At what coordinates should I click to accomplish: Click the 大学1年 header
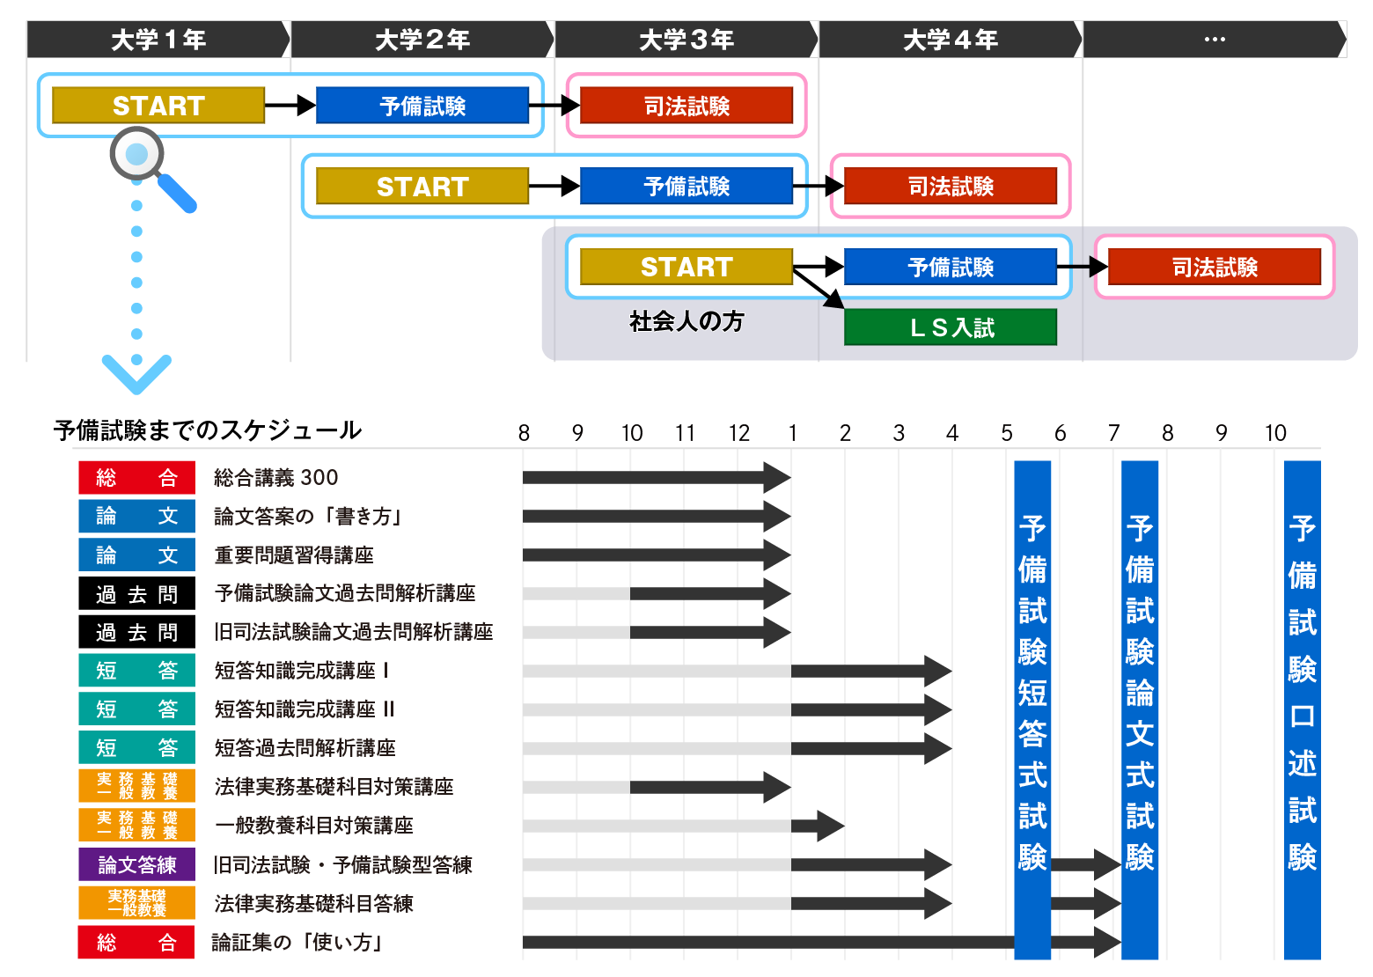[158, 40]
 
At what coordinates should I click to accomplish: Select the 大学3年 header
[686, 40]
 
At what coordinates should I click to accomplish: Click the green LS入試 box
[951, 327]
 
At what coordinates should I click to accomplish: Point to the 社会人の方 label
[686, 321]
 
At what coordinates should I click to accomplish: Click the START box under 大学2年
[422, 187]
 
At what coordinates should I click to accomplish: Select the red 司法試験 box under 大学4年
[951, 187]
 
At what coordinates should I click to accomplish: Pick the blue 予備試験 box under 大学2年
[422, 106]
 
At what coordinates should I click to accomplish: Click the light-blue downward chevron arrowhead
[136, 373]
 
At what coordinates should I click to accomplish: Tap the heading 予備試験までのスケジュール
[207, 430]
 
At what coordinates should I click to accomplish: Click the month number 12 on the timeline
[738, 433]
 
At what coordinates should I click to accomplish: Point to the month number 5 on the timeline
[1006, 433]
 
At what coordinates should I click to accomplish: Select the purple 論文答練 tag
[136, 865]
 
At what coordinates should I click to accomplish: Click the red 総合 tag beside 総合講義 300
[136, 478]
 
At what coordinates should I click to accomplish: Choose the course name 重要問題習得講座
[294, 555]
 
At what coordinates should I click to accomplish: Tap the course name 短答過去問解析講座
[305, 748]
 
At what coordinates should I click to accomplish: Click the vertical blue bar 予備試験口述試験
[1302, 709]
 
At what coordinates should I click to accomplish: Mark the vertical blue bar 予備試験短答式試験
[1032, 709]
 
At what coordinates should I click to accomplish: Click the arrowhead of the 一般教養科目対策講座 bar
[829, 826]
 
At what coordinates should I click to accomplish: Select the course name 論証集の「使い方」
[299, 943]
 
